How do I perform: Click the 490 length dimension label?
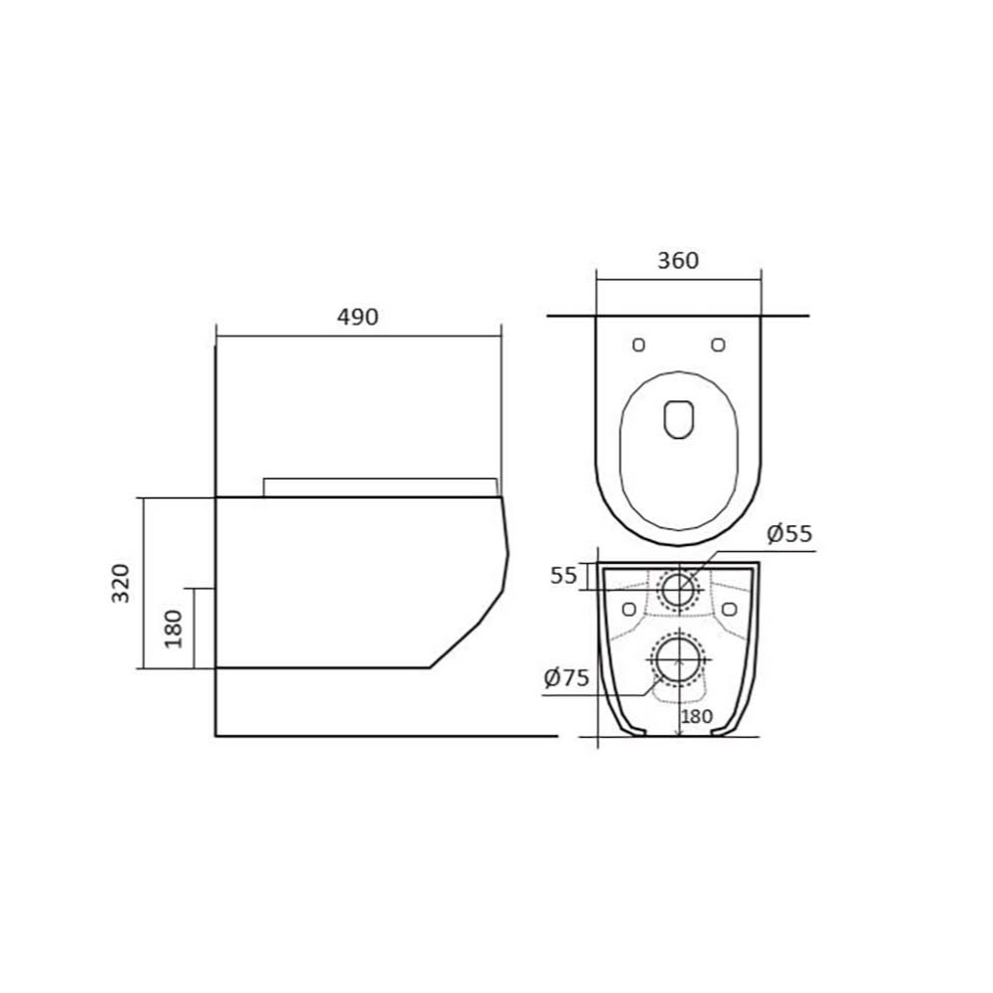coord(358,317)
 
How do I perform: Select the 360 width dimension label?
coord(678,260)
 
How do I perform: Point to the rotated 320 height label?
coord(120,583)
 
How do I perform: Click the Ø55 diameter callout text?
coord(789,534)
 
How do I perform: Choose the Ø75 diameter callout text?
coord(567,679)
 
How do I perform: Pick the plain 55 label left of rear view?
coord(564,576)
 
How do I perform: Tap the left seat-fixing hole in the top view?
coord(638,344)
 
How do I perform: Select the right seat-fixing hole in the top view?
coord(718,344)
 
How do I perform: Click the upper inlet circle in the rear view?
coord(679,589)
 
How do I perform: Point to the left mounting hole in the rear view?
coord(627,608)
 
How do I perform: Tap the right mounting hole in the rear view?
coord(732,608)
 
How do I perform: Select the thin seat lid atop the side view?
coord(381,486)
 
